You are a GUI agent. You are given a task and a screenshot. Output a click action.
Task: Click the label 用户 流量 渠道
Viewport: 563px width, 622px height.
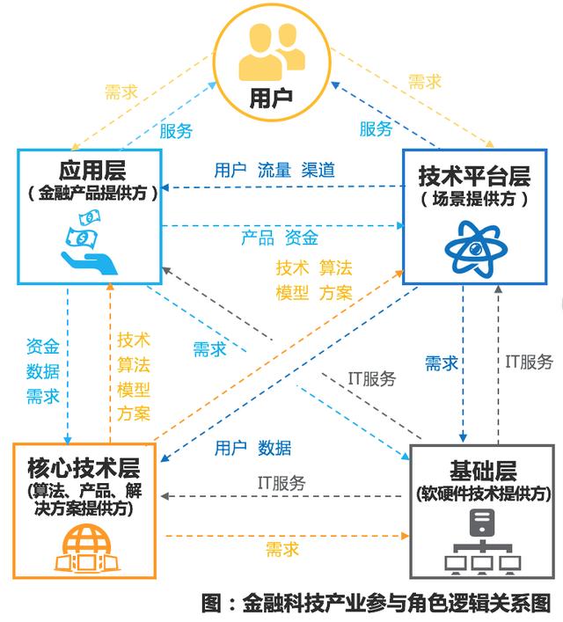point(274,171)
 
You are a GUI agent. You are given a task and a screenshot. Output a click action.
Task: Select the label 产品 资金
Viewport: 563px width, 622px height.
point(280,238)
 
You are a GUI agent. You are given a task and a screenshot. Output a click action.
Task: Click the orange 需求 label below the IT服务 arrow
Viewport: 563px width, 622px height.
point(281,549)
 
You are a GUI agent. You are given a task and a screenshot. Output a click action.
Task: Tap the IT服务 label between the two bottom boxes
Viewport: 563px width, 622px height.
point(281,482)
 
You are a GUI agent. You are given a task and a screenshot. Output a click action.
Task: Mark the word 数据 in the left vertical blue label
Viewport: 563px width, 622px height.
point(43,370)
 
